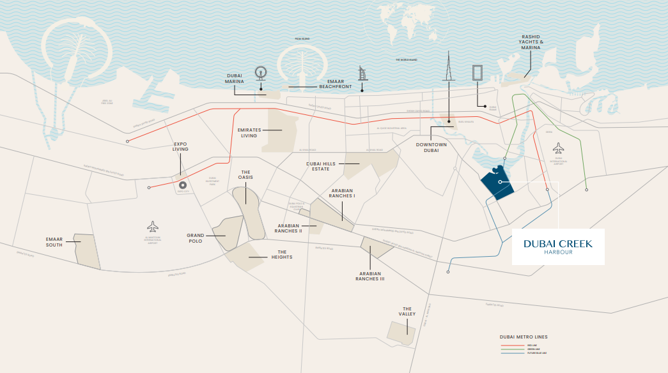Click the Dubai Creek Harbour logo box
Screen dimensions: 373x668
click(x=558, y=247)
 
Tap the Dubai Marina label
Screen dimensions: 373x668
click(x=234, y=78)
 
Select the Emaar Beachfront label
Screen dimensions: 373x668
click(x=330, y=84)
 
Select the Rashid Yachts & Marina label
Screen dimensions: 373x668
click(x=530, y=43)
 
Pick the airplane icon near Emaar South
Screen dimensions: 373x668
click(x=152, y=226)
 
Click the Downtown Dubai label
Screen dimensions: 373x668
click(x=430, y=148)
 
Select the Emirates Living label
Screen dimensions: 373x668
click(x=249, y=132)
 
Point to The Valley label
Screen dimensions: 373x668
click(x=408, y=311)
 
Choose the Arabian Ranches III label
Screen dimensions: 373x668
click(x=371, y=276)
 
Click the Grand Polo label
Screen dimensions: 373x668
click(x=195, y=238)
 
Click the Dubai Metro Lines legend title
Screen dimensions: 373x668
click(x=523, y=337)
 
